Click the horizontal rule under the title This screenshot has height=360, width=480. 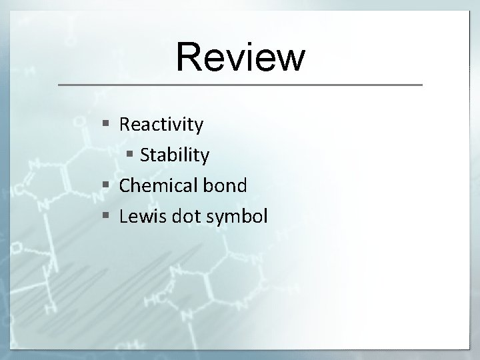(x=240, y=85)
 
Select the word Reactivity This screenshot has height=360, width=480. (x=161, y=125)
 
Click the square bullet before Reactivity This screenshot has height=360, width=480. (x=107, y=124)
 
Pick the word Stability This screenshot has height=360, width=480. (x=175, y=155)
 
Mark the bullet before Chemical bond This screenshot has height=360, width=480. (x=107, y=185)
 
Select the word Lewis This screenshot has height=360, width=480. (x=139, y=216)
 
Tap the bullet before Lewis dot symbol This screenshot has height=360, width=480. (x=107, y=216)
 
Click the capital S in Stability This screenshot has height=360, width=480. (x=145, y=155)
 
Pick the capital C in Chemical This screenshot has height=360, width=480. (x=125, y=185)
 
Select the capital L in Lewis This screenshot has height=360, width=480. (x=123, y=216)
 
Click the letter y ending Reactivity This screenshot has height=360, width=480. (x=199, y=127)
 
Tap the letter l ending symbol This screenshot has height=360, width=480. (x=265, y=215)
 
